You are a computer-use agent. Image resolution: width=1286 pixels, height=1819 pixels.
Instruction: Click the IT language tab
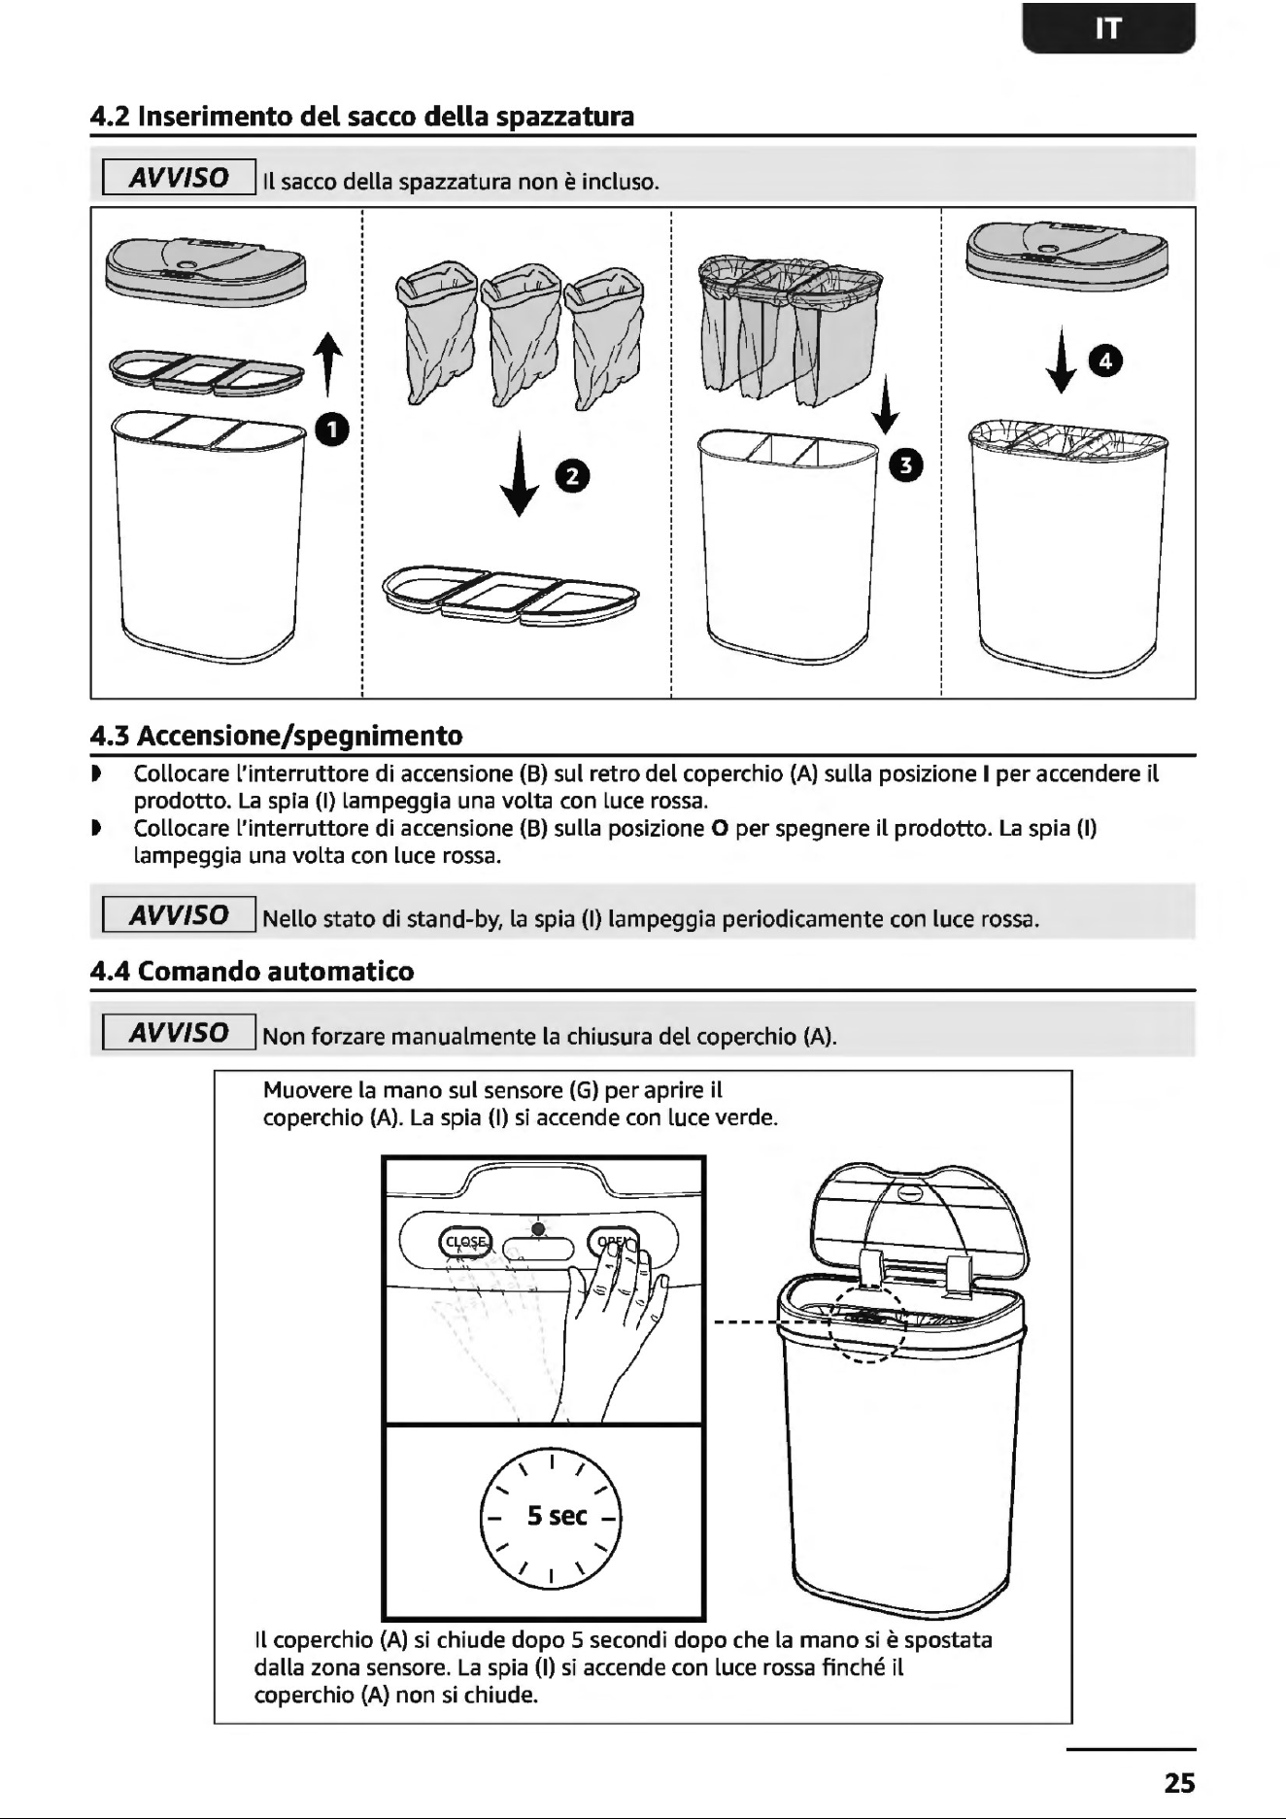(x=1108, y=28)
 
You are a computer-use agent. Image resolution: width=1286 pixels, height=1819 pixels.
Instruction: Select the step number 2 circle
(x=573, y=475)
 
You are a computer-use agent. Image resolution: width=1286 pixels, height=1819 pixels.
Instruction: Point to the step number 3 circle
(x=904, y=464)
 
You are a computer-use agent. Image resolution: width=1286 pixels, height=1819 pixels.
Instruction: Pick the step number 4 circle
(x=1106, y=362)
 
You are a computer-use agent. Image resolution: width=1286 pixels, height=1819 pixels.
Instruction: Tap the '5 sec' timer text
(x=557, y=1515)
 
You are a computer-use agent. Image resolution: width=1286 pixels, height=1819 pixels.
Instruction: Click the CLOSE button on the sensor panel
(x=465, y=1242)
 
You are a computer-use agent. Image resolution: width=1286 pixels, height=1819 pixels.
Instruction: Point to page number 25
(x=1179, y=1783)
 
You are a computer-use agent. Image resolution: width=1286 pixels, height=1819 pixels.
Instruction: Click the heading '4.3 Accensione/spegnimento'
(x=276, y=736)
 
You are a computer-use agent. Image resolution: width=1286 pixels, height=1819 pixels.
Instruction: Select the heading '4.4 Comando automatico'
(x=252, y=972)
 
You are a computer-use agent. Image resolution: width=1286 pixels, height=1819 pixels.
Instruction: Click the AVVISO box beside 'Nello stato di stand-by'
(x=180, y=915)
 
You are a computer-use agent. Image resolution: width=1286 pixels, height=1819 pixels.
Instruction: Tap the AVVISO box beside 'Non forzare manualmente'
(x=180, y=1032)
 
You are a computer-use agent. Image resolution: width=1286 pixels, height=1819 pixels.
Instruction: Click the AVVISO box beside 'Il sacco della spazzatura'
(x=180, y=178)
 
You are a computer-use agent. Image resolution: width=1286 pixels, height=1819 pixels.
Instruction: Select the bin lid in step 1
(x=205, y=269)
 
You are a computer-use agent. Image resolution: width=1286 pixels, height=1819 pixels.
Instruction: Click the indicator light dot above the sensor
(x=537, y=1228)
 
